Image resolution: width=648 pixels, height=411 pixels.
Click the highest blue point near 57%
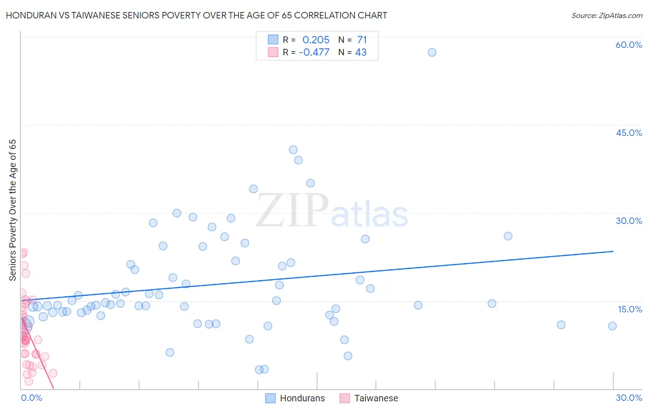(432, 53)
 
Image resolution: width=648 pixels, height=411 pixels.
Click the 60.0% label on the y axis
(629, 45)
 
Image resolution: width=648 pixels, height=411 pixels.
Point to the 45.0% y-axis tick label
(629, 133)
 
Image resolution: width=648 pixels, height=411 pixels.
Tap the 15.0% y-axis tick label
(630, 309)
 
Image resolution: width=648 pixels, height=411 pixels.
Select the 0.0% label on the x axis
(31, 398)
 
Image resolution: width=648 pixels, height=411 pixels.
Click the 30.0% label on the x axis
(629, 398)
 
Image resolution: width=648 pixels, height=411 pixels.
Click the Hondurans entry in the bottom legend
(302, 398)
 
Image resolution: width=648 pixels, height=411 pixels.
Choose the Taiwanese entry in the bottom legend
(376, 398)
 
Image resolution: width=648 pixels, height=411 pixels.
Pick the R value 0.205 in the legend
(316, 40)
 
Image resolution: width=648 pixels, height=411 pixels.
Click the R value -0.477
(314, 53)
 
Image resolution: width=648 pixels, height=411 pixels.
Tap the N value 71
(362, 40)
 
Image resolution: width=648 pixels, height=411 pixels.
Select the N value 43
(361, 53)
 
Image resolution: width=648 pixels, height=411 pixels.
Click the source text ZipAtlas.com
(607, 16)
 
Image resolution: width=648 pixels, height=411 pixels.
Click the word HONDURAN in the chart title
(29, 15)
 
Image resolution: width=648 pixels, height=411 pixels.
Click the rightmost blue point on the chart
(612, 326)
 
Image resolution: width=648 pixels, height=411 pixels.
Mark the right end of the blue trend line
(613, 251)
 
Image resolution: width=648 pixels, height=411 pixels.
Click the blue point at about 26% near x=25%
(508, 236)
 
